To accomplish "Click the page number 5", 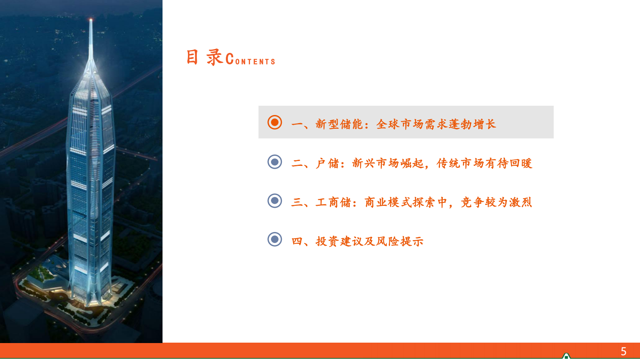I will point(623,351).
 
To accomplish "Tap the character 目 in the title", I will point(192,57).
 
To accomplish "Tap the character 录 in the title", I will point(215,57).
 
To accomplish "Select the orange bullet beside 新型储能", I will point(275,122).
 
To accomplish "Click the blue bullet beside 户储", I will point(275,162).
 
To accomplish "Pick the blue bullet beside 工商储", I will point(275,200).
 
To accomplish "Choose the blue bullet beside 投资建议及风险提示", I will point(275,239).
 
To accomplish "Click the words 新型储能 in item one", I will point(339,124).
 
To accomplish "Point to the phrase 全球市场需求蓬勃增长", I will point(436,124).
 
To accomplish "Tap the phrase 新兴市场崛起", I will point(388,163).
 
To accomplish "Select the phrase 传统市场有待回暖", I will point(484,163).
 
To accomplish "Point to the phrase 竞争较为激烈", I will point(496,202).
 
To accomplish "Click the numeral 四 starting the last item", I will point(297,241).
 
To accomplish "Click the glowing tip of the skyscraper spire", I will point(91,20).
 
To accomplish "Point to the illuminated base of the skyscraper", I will point(90,297).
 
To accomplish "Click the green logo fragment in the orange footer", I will point(566,356).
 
